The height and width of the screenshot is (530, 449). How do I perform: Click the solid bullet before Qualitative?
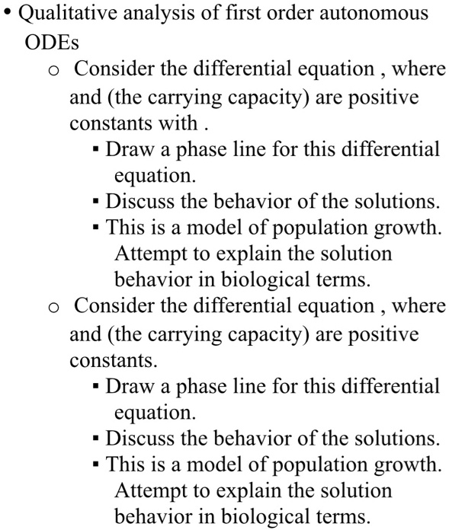(x=10, y=14)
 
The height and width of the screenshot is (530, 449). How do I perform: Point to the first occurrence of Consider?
(x=113, y=69)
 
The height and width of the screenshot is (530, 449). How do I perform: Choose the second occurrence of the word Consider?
(x=113, y=306)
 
